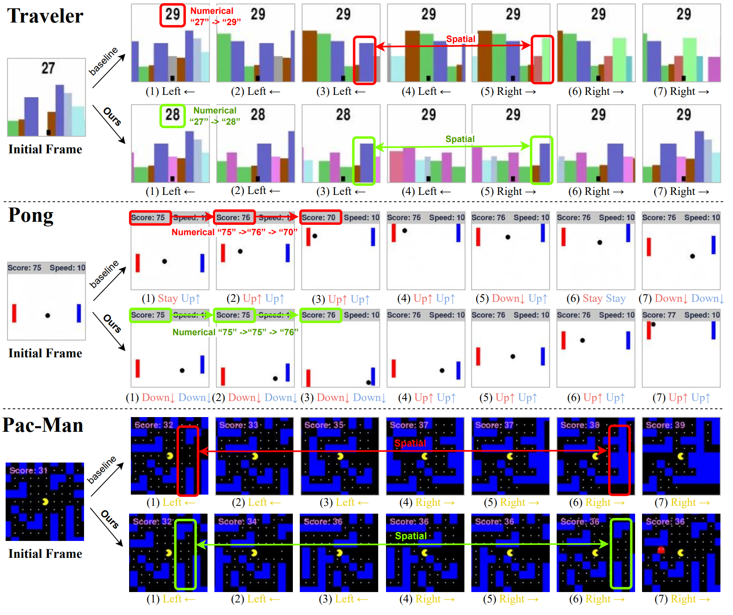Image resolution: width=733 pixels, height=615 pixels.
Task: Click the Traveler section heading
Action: pyautogui.click(x=45, y=16)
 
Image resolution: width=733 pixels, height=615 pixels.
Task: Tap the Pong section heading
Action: pyautogui.click(x=31, y=215)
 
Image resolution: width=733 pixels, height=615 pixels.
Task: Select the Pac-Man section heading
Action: pyautogui.click(x=43, y=425)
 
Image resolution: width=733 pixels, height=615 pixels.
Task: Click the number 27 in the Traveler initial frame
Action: pyautogui.click(x=48, y=68)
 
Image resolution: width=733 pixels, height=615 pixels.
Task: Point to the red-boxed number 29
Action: pyautogui.click(x=172, y=15)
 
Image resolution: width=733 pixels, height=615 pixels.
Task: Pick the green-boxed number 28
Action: pyautogui.click(x=172, y=115)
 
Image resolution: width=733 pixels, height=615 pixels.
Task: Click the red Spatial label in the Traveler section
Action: pyautogui.click(x=461, y=39)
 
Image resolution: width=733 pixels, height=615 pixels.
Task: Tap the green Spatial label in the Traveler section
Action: pyautogui.click(x=460, y=139)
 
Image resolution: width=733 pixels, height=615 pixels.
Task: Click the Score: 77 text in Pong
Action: pyautogui.click(x=659, y=315)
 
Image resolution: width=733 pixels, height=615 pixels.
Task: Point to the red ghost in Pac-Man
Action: pyautogui.click(x=661, y=550)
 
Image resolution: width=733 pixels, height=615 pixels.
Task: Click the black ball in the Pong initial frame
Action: pyautogui.click(x=48, y=315)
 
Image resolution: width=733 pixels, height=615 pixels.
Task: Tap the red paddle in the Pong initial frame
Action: pyautogui.click(x=14, y=313)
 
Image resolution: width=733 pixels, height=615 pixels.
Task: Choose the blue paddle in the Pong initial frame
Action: pyautogui.click(x=79, y=313)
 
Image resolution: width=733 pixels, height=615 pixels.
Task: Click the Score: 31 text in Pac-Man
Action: pyautogui.click(x=28, y=470)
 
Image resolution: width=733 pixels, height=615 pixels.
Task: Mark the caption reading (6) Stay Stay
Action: pyautogui.click(x=596, y=298)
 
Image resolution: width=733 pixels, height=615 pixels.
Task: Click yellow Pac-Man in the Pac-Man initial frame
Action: pyautogui.click(x=45, y=502)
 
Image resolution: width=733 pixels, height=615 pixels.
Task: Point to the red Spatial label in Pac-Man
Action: pyautogui.click(x=410, y=443)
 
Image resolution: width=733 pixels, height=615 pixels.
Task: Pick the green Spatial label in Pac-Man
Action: pyautogui.click(x=411, y=536)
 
